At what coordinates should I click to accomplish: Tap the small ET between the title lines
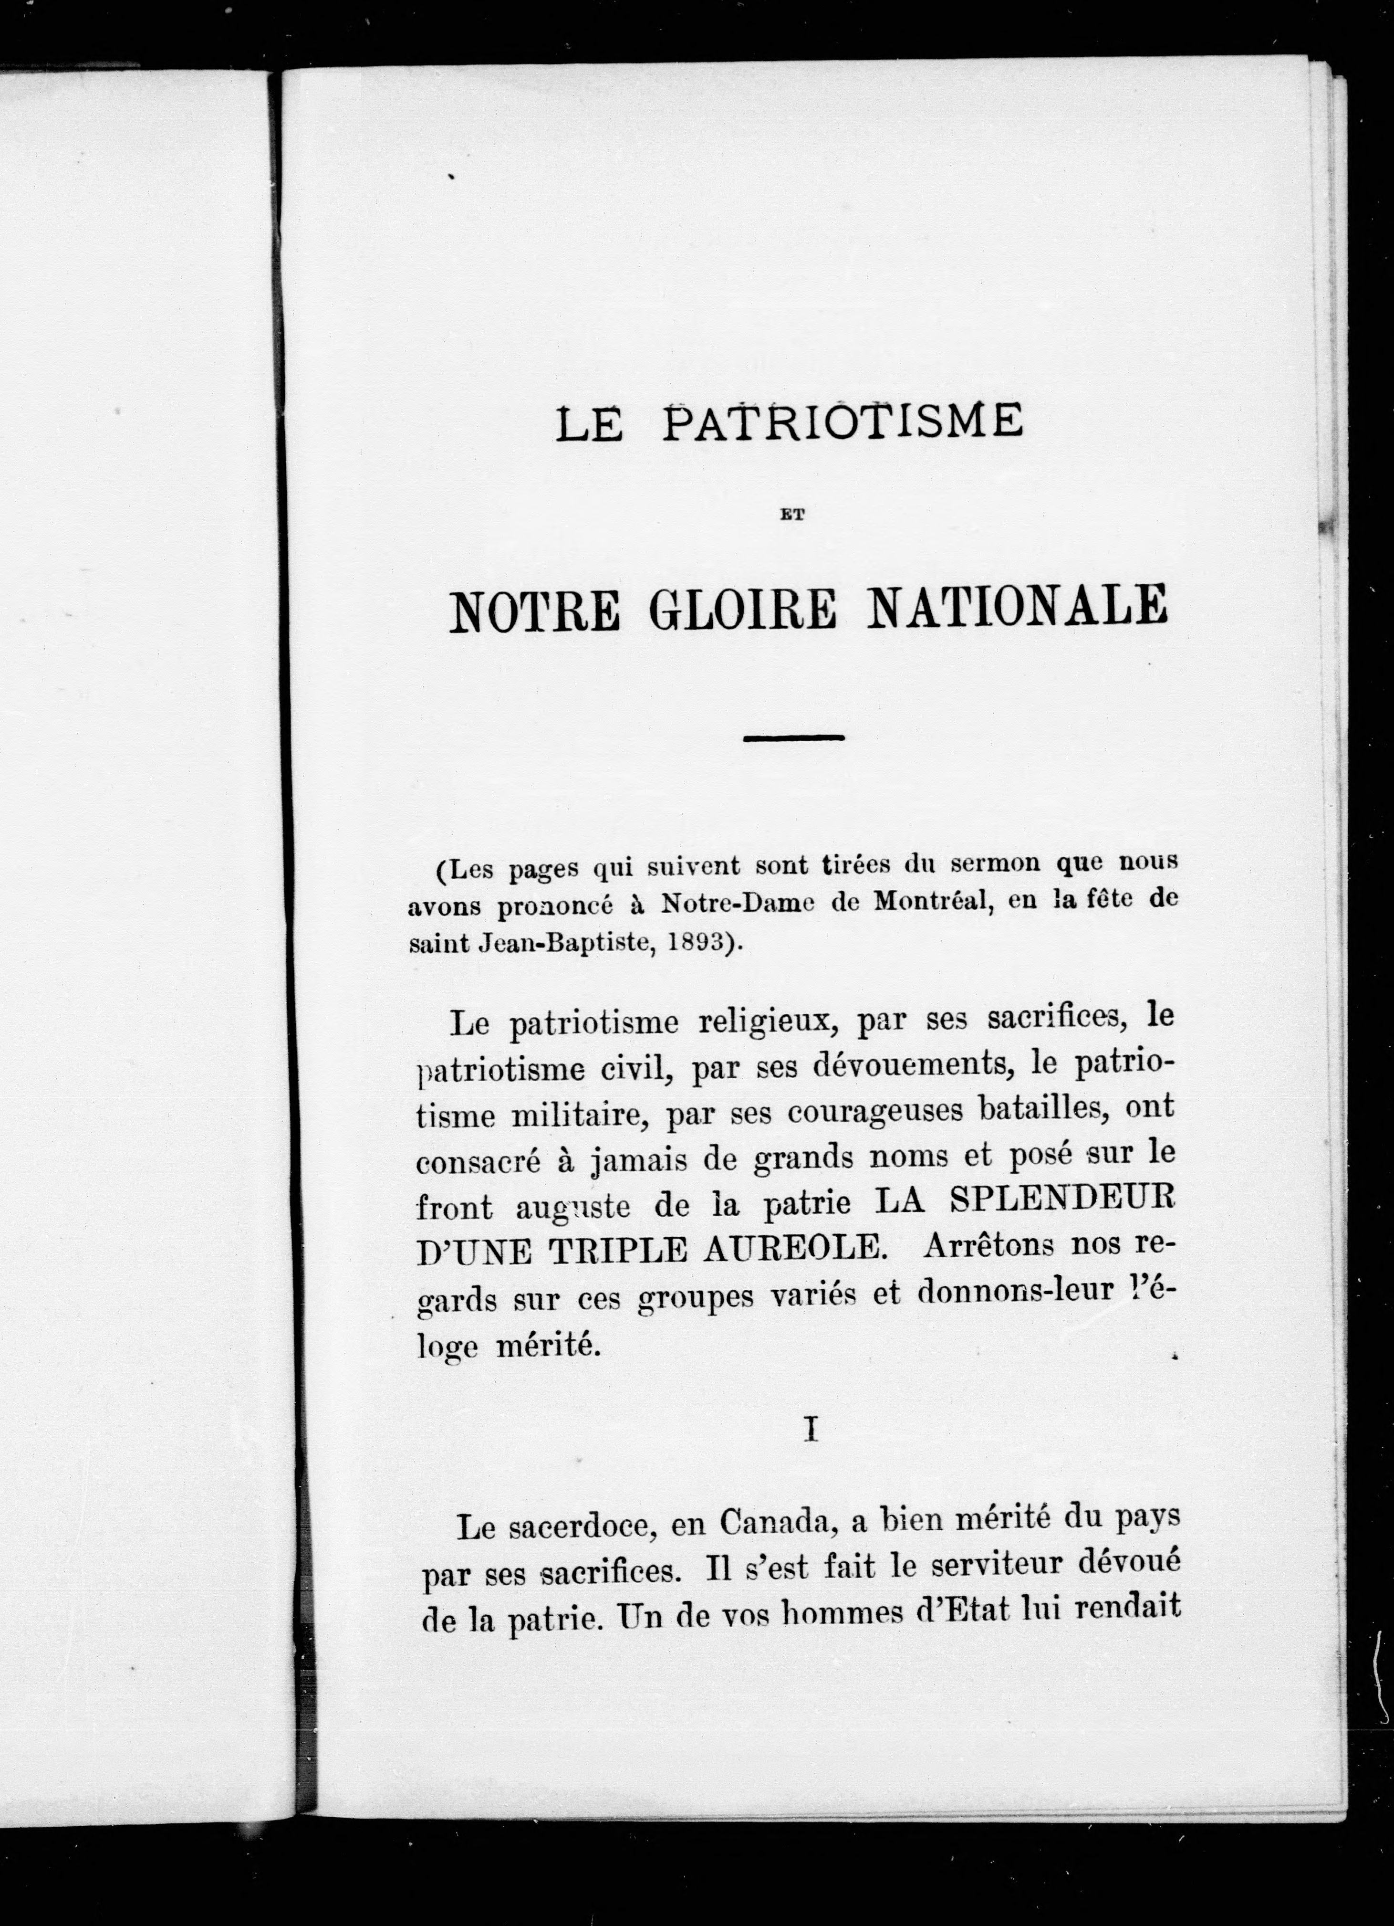click(x=792, y=513)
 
